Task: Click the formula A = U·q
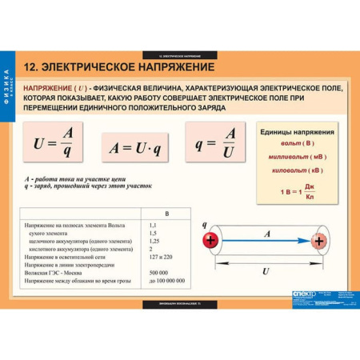135,148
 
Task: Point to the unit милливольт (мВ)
296,157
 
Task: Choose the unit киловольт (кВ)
296,170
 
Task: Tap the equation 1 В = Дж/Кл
296,191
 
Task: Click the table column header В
166,214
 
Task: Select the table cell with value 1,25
154,241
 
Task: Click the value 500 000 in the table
159,273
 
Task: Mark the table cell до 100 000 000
166,281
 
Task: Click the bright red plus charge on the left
210,239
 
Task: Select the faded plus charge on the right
319,240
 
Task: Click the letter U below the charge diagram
265,271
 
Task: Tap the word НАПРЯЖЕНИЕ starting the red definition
49,86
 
